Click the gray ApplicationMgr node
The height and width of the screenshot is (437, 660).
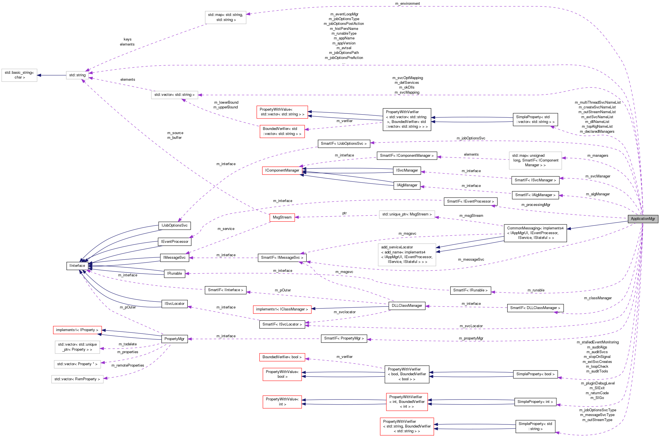643,219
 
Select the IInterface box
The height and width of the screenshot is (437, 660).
77,266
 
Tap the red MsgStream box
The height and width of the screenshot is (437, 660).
282,217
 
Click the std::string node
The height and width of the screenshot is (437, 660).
77,75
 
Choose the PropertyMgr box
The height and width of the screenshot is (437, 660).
174,339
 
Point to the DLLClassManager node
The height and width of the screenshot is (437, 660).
407,306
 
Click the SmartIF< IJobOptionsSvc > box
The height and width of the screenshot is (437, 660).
344,144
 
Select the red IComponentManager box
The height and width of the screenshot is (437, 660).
282,170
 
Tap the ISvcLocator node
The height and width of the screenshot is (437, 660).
174,304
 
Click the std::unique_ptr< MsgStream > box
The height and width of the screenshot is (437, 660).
407,214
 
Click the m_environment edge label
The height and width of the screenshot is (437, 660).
407,4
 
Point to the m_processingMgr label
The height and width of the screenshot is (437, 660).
535,205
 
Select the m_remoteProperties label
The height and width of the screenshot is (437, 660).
128,365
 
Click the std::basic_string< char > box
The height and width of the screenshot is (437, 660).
19,75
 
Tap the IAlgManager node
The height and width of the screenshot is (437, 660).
407,185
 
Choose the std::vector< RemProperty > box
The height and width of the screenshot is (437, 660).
77,379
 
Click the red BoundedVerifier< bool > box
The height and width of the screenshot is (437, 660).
282,357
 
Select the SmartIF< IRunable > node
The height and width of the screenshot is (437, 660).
470,290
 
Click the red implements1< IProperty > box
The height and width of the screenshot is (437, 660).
77,330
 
